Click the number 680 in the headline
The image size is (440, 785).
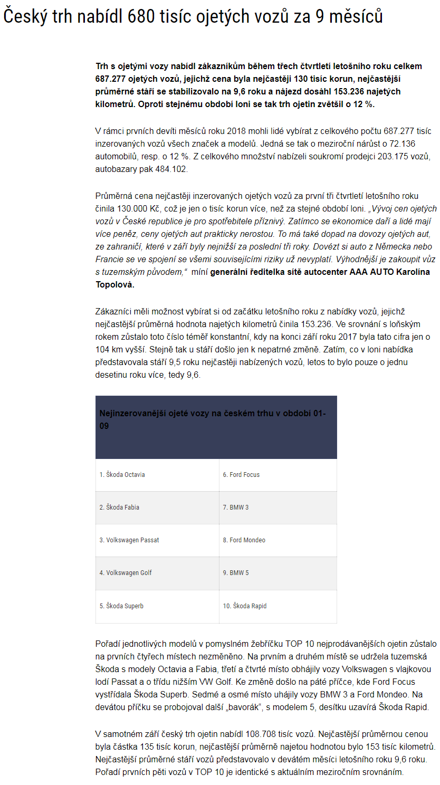(x=143, y=17)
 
